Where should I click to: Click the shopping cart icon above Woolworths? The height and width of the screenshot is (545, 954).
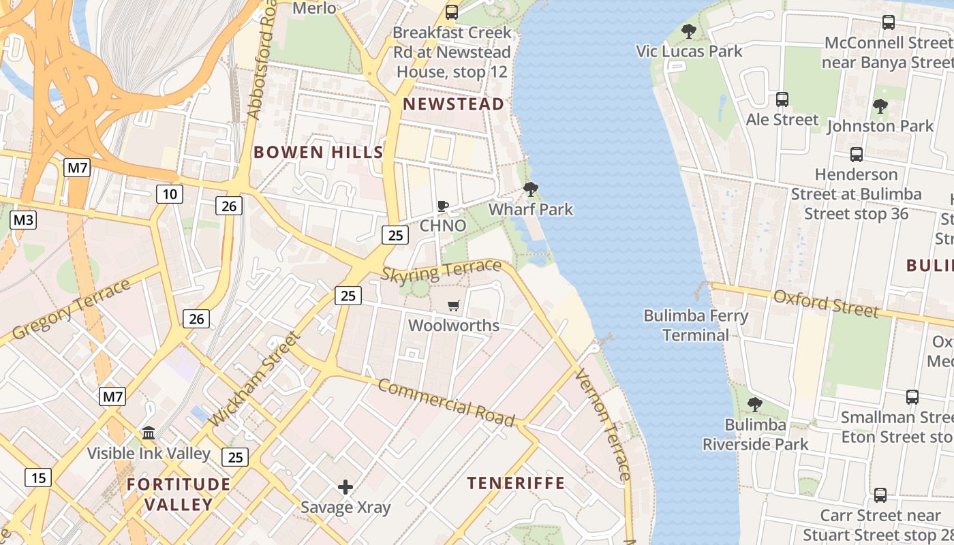pyautogui.click(x=454, y=305)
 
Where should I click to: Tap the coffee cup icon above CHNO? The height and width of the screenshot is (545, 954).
pyautogui.click(x=443, y=206)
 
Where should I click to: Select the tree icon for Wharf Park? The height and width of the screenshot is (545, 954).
pyautogui.click(x=531, y=189)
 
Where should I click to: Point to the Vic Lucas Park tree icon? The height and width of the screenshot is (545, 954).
pyautogui.click(x=689, y=31)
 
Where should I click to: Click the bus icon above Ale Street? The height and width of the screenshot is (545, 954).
pyautogui.click(x=782, y=99)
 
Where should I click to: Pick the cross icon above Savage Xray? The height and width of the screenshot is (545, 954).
pyautogui.click(x=345, y=487)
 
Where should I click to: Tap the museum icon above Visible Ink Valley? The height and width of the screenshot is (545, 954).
pyautogui.click(x=149, y=433)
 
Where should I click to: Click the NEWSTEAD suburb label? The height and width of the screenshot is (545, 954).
pyautogui.click(x=454, y=104)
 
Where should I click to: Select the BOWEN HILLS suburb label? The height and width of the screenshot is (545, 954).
pyautogui.click(x=319, y=152)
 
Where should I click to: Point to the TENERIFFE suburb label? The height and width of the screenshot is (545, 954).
pyautogui.click(x=516, y=484)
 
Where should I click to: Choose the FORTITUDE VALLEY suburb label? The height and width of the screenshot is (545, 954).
pyautogui.click(x=179, y=495)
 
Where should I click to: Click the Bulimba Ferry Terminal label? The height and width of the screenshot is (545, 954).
pyautogui.click(x=696, y=325)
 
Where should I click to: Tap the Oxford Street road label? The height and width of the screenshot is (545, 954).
pyautogui.click(x=826, y=303)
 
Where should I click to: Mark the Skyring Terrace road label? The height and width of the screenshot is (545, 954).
pyautogui.click(x=441, y=271)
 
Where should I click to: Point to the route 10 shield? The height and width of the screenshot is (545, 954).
pyautogui.click(x=170, y=194)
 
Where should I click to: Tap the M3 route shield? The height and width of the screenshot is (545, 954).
pyautogui.click(x=23, y=220)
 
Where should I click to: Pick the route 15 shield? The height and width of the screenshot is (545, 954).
pyautogui.click(x=38, y=478)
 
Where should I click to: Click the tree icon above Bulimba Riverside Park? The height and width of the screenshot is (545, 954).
pyautogui.click(x=754, y=405)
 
